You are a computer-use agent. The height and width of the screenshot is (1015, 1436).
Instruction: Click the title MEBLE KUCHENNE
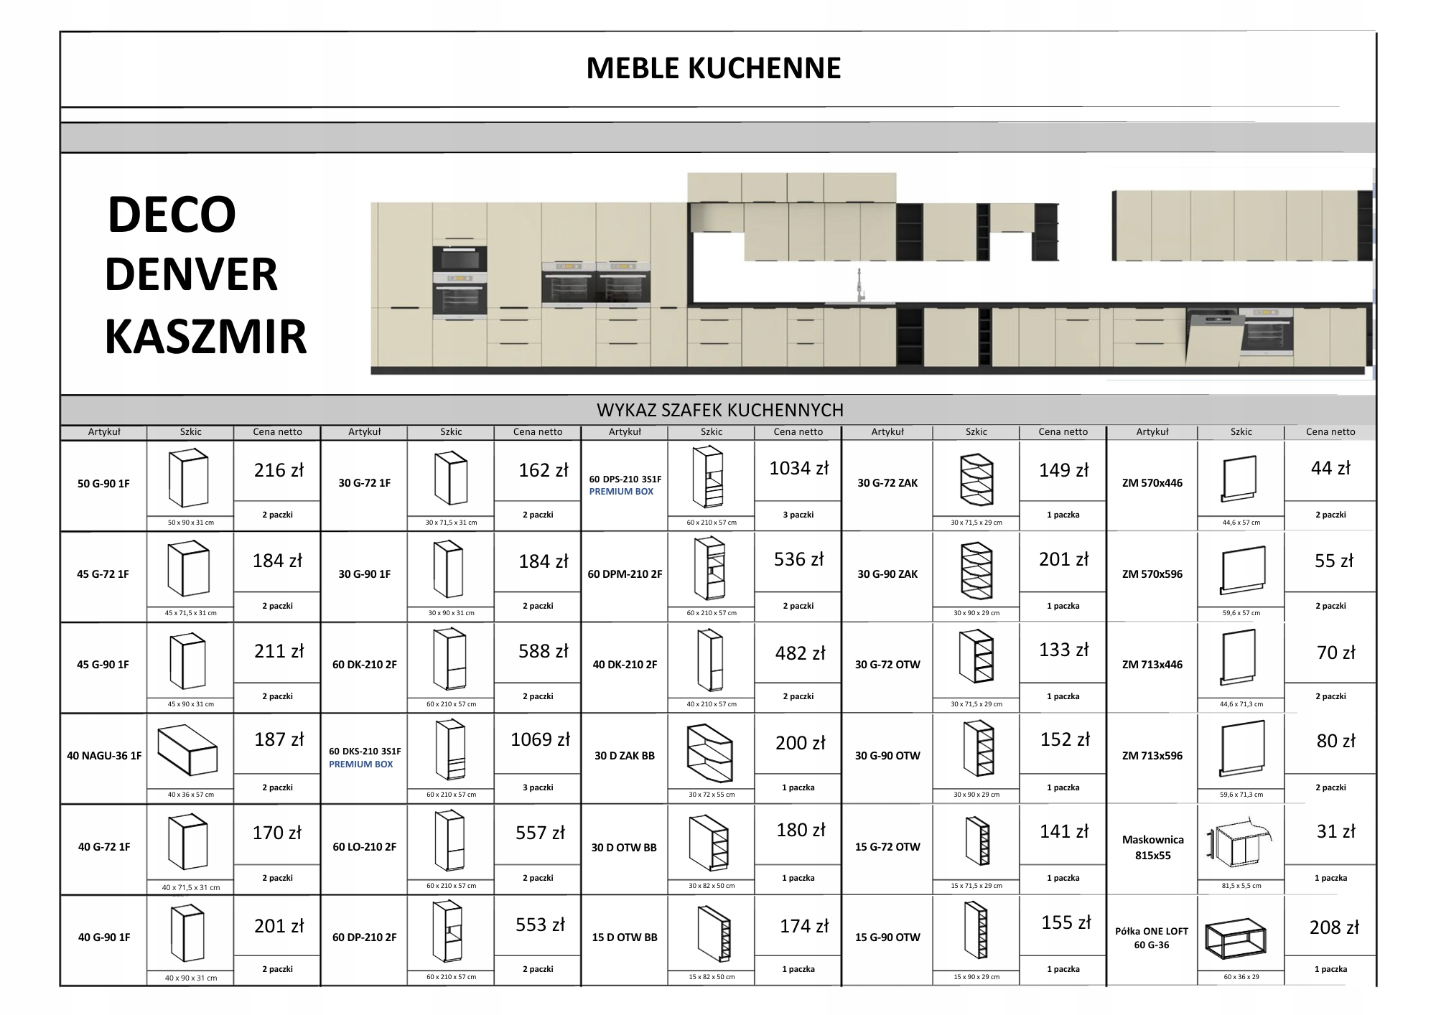pyautogui.click(x=713, y=69)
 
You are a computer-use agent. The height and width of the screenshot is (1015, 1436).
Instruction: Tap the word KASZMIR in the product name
pyautogui.click(x=205, y=337)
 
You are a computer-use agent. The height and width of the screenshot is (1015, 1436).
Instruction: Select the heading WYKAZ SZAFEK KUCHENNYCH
pyautogui.click(x=719, y=410)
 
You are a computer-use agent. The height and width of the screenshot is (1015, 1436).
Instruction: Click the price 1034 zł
pyautogui.click(x=798, y=469)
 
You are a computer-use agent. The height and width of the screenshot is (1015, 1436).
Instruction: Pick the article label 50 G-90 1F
pyautogui.click(x=103, y=484)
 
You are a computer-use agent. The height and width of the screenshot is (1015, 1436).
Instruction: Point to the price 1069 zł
pyautogui.click(x=540, y=739)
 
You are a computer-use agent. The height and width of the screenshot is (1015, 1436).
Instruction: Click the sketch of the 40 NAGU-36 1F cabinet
pyautogui.click(x=187, y=750)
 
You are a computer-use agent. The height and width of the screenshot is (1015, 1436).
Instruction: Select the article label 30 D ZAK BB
pyautogui.click(x=625, y=756)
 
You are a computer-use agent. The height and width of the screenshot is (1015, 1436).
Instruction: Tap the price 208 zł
pyautogui.click(x=1333, y=927)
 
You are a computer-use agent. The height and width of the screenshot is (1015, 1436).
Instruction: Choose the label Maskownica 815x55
pyautogui.click(x=1152, y=847)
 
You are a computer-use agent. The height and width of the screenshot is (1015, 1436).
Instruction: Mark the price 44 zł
pyautogui.click(x=1330, y=469)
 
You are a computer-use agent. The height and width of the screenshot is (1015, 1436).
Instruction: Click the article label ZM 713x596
pyautogui.click(x=1152, y=756)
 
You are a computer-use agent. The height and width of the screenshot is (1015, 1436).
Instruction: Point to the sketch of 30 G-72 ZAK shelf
pyautogui.click(x=976, y=479)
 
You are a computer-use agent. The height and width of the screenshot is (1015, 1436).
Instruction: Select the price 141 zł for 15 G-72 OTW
pyautogui.click(x=1063, y=831)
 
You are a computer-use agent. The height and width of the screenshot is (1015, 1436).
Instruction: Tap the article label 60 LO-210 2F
pyautogui.click(x=364, y=847)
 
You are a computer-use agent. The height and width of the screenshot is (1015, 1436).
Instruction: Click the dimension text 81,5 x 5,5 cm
pyautogui.click(x=1241, y=886)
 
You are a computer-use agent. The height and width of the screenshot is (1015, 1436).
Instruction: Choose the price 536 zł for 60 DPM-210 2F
pyautogui.click(x=798, y=560)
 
